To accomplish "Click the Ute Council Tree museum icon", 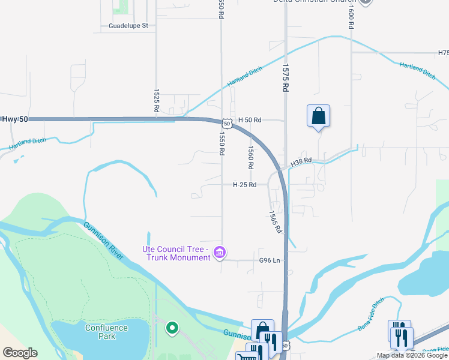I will [x=220, y=253].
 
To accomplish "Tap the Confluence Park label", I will [x=106, y=332].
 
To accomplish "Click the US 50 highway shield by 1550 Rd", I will [x=226, y=123].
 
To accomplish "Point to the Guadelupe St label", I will [x=132, y=26].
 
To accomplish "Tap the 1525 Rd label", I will [x=157, y=99].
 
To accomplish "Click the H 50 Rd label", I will [x=250, y=120].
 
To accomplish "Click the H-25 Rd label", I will [x=244, y=185].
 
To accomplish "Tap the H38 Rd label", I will [x=301, y=162].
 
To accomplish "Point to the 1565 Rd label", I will [x=274, y=221].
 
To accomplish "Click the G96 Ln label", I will [x=270, y=260].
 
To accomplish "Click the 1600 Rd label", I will [x=350, y=15].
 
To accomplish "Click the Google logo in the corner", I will [x=20, y=353].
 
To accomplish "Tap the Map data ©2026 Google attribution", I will [x=412, y=355].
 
